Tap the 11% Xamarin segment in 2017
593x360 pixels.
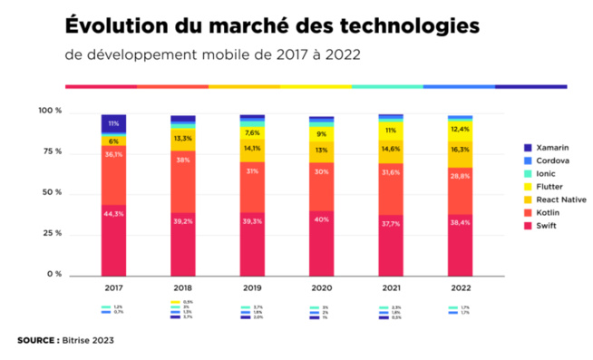pyautogui.click(x=113, y=123)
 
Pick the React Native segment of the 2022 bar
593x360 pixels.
pyautogui.click(x=460, y=151)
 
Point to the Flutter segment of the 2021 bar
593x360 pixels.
pyautogui.click(x=391, y=130)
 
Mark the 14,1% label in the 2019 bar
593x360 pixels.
pyautogui.click(x=252, y=149)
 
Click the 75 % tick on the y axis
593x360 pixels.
pyautogui.click(x=50, y=151)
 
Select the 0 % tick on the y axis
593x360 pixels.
pyautogui.click(x=53, y=274)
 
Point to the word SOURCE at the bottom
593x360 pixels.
pyautogui.click(x=35, y=341)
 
